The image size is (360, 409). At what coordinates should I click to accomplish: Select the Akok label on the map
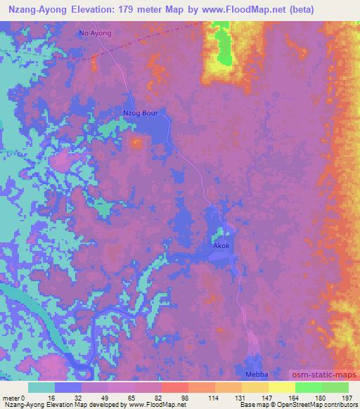click(x=221, y=247)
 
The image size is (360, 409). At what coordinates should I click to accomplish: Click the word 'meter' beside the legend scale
click(x=12, y=397)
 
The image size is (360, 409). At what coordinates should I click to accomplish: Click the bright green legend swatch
click(x=309, y=387)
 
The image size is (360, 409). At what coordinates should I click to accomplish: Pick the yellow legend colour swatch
click(x=282, y=387)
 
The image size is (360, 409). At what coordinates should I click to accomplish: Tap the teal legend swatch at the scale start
click(x=41, y=387)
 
